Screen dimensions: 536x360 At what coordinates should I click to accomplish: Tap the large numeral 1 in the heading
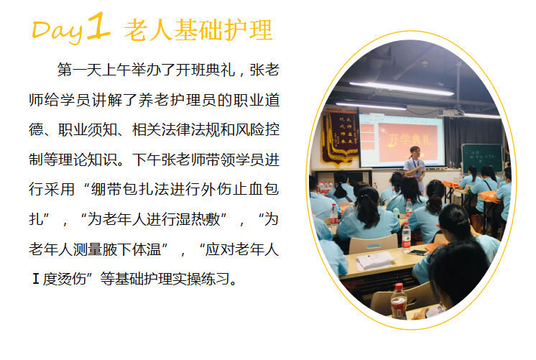point(98,25)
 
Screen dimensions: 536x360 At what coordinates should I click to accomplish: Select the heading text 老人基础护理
point(198,30)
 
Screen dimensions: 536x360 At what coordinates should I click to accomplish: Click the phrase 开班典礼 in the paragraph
point(205,70)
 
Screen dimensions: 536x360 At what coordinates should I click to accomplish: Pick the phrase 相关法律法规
point(177,129)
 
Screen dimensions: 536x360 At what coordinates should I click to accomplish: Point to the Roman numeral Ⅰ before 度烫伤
point(35,279)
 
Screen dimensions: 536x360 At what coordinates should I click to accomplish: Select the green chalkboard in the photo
point(481,157)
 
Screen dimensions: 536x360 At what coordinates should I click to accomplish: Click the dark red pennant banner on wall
point(340,136)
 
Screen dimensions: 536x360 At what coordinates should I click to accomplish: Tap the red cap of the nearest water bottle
point(399,287)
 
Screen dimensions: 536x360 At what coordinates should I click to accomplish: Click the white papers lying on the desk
point(375,261)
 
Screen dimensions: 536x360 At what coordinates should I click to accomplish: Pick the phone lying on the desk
point(418,253)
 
